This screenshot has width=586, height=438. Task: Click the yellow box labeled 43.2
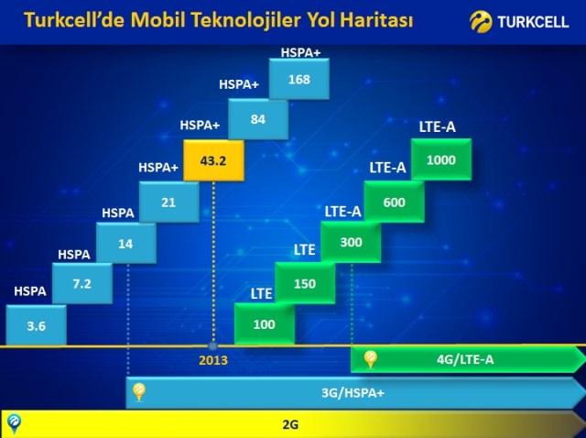pos(213,160)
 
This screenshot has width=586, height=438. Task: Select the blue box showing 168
pos(299,79)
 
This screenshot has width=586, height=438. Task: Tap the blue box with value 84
pos(258,119)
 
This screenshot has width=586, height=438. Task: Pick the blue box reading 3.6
pos(37,325)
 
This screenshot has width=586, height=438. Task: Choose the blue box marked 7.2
pos(82,283)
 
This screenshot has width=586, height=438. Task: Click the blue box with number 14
pos(126,243)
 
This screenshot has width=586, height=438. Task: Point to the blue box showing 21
pos(168,202)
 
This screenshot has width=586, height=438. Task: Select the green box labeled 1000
pos(441,159)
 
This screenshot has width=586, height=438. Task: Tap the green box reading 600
pos(395,202)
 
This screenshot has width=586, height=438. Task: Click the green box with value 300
pos(351,242)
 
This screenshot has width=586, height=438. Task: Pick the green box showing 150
pos(305,283)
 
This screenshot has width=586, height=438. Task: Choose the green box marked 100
pos(265,323)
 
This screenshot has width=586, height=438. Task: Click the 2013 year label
pos(213,360)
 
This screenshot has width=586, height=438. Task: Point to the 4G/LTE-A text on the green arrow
pos(465,359)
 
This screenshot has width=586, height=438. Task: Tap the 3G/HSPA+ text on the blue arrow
pos(353,393)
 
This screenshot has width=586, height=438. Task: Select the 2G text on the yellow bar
pos(290,425)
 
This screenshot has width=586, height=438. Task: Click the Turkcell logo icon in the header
pos(481,22)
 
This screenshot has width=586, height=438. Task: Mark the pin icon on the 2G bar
pos(15,423)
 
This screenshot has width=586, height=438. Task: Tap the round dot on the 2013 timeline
pos(212,346)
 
